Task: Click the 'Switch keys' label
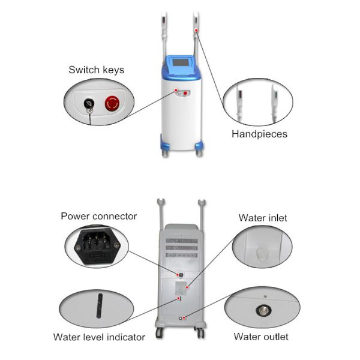point(96,70)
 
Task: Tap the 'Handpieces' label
point(259,134)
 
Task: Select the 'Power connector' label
point(98,216)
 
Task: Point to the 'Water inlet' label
point(263,218)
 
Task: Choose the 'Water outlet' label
point(261,337)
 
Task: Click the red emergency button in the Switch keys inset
point(112,103)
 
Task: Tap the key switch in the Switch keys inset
point(89,104)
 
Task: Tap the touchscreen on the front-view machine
point(181,64)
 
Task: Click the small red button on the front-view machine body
point(186,93)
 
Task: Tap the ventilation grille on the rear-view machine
point(181,242)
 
